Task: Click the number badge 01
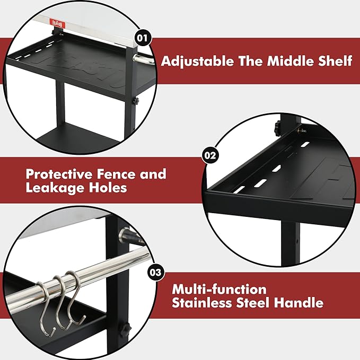[143, 38]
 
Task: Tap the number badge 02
[210, 155]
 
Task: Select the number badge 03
[156, 273]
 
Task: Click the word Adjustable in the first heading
[197, 62]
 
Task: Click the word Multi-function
[219, 289]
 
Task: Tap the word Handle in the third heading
[298, 303]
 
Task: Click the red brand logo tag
[58, 24]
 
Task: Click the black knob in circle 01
[136, 101]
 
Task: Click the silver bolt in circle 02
[302, 131]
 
